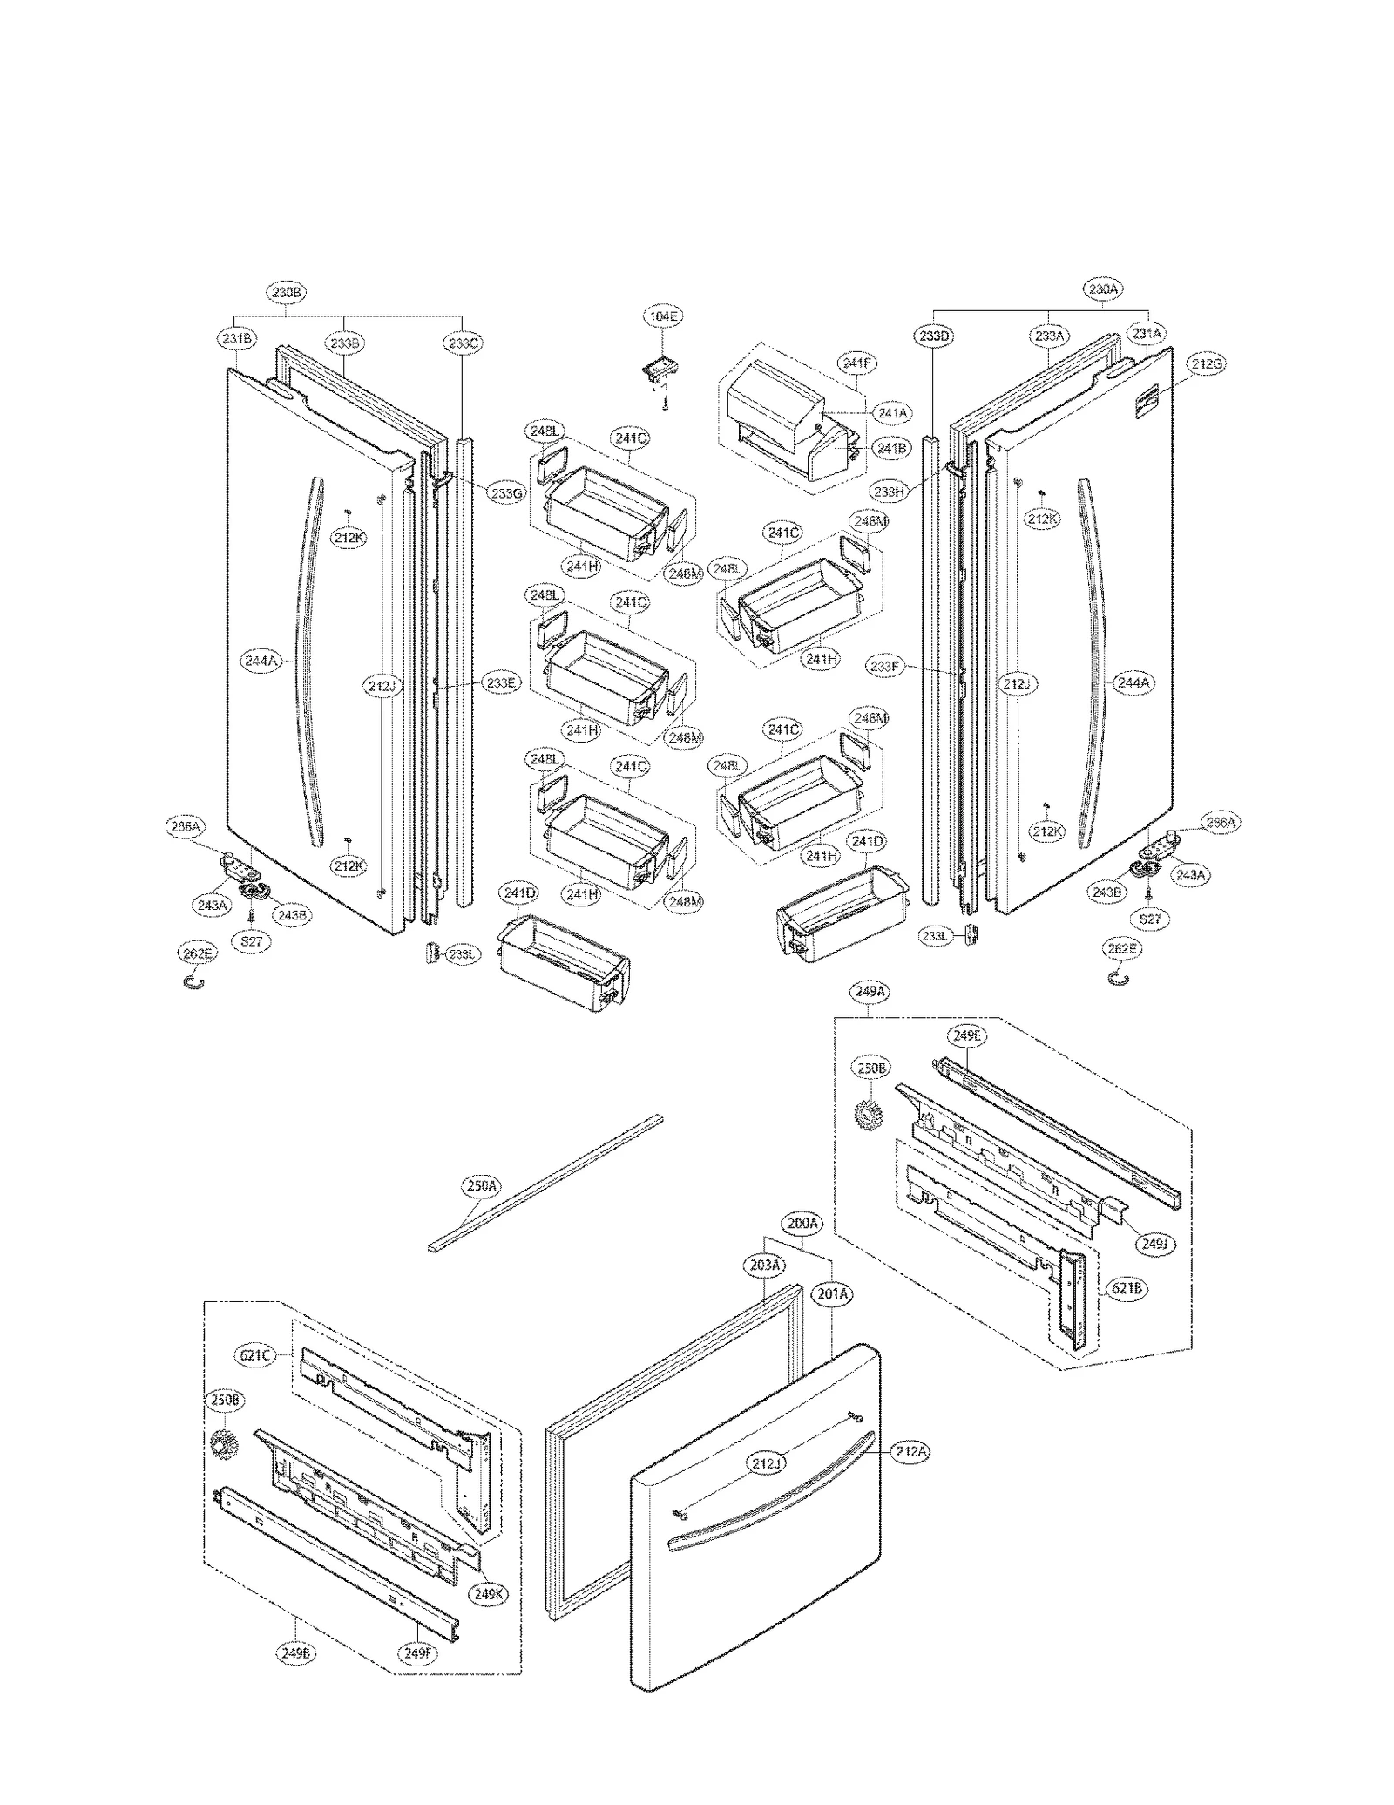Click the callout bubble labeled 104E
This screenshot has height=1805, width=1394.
(662, 316)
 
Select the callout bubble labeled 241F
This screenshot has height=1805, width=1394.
(856, 363)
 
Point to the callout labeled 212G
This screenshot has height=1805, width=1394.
(1206, 364)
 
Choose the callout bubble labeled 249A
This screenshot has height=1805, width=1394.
(871, 991)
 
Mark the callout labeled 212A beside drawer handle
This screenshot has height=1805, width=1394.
(910, 1451)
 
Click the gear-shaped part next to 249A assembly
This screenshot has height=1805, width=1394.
(868, 1113)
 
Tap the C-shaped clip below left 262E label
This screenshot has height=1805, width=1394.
(197, 983)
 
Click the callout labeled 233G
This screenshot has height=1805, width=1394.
(507, 492)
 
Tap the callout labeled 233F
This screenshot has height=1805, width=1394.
(884, 667)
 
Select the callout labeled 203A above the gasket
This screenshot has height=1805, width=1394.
(765, 1265)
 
